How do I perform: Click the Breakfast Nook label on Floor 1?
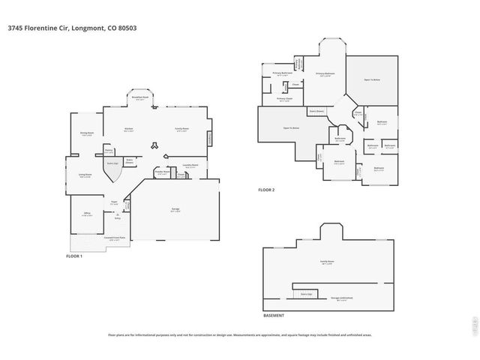pyautogui.click(x=139, y=97)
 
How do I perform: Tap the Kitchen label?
pyautogui.click(x=128, y=129)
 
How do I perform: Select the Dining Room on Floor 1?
pyautogui.click(x=87, y=133)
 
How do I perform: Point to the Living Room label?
pyautogui.click(x=85, y=175)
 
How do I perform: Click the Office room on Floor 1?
pyautogui.click(x=87, y=214)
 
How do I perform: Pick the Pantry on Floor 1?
pyautogui.click(x=109, y=151)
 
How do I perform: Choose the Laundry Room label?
pyautogui.click(x=190, y=164)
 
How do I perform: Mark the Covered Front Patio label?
pyautogui.click(x=114, y=238)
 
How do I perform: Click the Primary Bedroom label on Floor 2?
pyautogui.click(x=325, y=73)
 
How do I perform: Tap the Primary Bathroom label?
pyautogui.click(x=282, y=73)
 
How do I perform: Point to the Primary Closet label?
pyautogui.click(x=283, y=98)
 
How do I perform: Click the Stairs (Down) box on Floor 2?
pyautogui.click(x=316, y=111)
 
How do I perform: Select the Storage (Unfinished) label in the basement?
pyautogui.click(x=342, y=298)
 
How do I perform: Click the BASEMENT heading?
pyautogui.click(x=274, y=316)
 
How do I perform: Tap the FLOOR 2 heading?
pyautogui.click(x=266, y=190)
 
